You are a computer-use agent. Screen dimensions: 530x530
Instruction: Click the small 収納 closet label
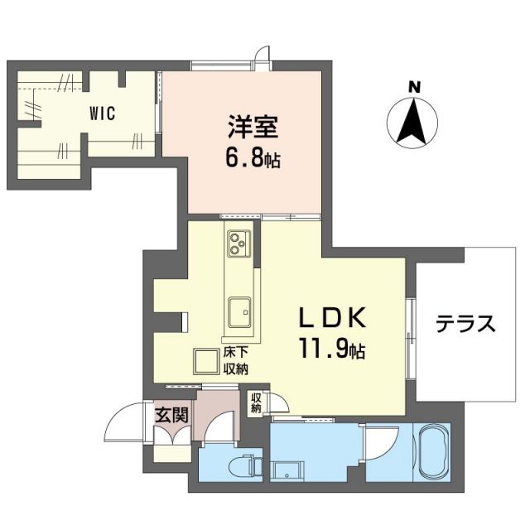tap(256, 403)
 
